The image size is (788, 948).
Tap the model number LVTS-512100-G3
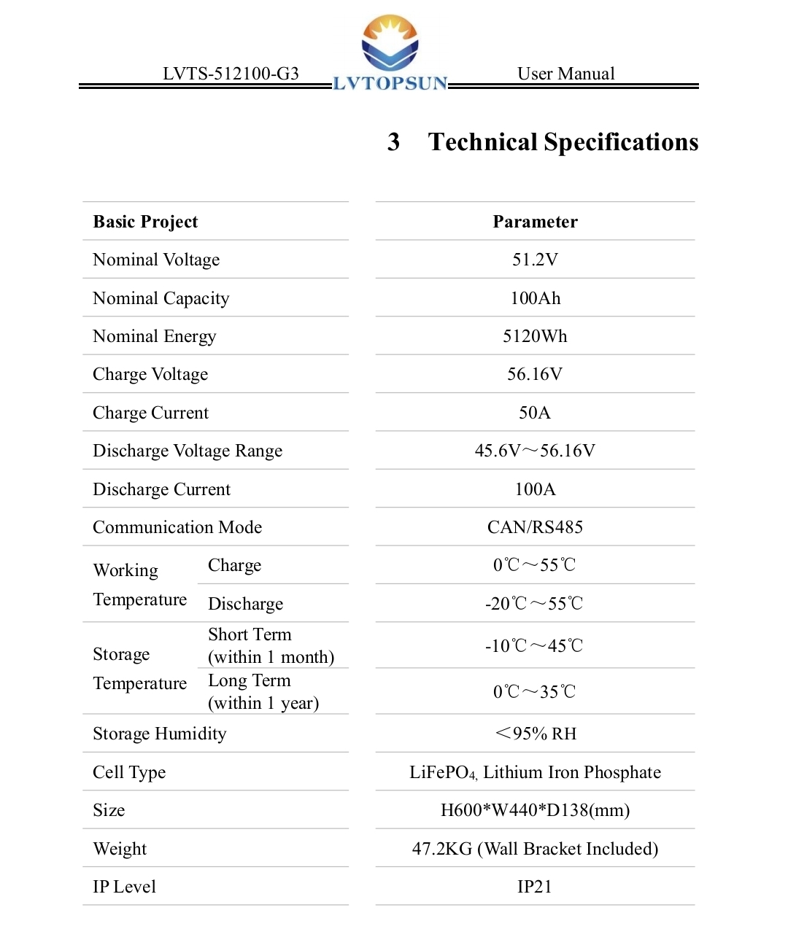point(231,74)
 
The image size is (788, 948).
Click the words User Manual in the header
point(565,74)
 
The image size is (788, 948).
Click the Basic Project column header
point(145,222)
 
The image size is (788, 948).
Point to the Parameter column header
point(535,222)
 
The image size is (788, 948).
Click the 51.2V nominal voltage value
point(535,260)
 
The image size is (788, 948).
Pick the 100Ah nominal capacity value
point(535,298)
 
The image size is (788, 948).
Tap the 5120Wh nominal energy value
point(535,336)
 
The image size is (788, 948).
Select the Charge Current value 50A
point(535,413)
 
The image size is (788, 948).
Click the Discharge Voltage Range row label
point(188,451)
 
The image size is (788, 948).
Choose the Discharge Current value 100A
point(535,489)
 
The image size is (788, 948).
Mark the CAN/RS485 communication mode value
point(535,527)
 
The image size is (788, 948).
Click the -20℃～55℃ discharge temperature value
point(534,604)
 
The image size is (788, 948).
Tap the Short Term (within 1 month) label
point(271,645)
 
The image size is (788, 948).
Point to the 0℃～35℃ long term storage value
point(534,691)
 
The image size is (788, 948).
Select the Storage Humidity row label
point(160,734)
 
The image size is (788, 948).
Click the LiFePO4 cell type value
point(535,772)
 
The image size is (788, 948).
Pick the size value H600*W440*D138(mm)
point(535,810)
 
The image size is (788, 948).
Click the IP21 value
point(535,887)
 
